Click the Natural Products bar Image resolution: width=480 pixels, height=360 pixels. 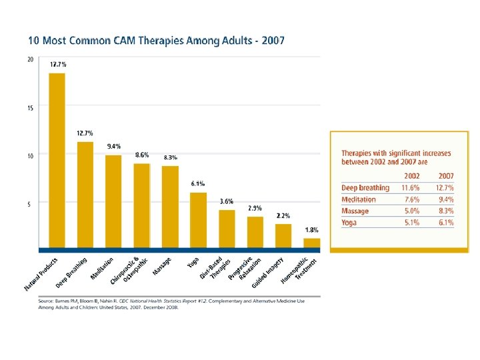(x=57, y=160)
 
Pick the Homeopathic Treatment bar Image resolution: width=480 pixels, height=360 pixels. (x=312, y=243)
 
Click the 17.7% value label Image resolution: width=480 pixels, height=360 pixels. (x=57, y=64)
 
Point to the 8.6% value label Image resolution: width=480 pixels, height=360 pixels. (x=142, y=155)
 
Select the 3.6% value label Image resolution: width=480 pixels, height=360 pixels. (x=227, y=201)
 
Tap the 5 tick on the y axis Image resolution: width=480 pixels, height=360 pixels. (x=29, y=205)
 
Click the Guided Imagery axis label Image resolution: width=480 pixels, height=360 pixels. (x=269, y=273)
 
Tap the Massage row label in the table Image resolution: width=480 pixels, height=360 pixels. (x=355, y=211)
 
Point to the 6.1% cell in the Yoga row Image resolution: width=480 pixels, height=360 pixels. (x=445, y=223)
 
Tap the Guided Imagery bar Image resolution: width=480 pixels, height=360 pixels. (x=283, y=235)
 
